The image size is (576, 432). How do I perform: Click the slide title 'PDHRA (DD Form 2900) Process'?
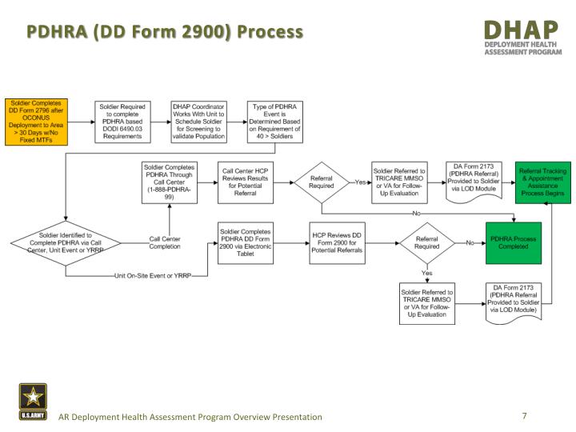(x=166, y=32)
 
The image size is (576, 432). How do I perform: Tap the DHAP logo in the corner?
(x=522, y=38)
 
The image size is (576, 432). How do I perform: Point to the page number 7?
(x=524, y=416)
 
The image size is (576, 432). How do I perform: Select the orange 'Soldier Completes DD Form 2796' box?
(x=34, y=122)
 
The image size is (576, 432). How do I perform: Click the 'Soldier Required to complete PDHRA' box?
(x=122, y=121)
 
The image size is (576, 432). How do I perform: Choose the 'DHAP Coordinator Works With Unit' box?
(x=198, y=121)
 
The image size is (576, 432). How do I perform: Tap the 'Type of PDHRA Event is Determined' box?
(x=274, y=121)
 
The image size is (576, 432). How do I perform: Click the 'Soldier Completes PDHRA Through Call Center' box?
(x=168, y=182)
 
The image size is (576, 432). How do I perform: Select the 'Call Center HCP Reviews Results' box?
(x=246, y=182)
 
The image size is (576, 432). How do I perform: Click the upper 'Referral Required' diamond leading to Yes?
(x=321, y=182)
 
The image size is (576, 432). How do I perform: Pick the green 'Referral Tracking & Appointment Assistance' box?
(x=542, y=182)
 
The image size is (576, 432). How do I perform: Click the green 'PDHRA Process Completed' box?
(x=514, y=242)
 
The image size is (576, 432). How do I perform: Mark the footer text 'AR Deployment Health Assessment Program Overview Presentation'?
(x=190, y=417)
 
